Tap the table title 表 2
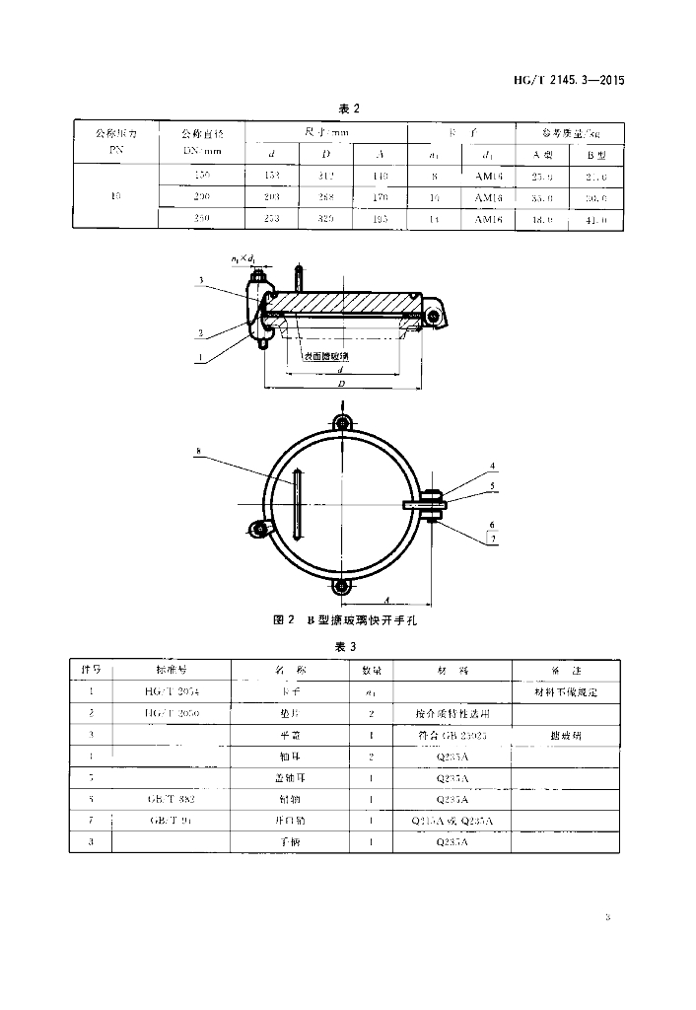pyautogui.click(x=348, y=108)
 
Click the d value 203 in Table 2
pyautogui.click(x=273, y=197)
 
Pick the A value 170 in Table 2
pyautogui.click(x=382, y=197)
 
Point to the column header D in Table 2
pyautogui.click(x=327, y=153)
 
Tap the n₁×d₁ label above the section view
pyautogui.click(x=244, y=259)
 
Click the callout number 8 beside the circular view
pyautogui.click(x=199, y=452)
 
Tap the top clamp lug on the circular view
pyautogui.click(x=341, y=423)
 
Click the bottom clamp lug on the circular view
pyautogui.click(x=341, y=587)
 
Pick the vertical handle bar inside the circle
pyautogui.click(x=297, y=504)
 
